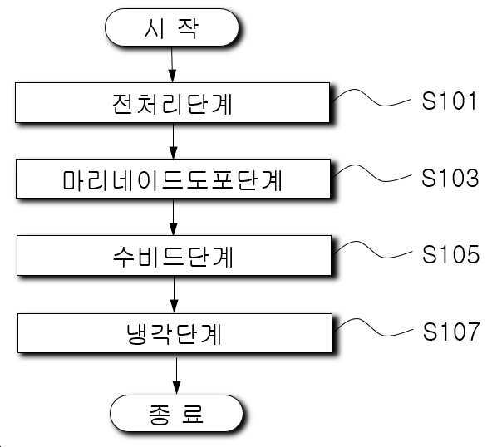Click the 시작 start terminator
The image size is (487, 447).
coord(172,27)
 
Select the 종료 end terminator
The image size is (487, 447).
coord(176,414)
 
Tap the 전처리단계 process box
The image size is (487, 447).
coord(172,102)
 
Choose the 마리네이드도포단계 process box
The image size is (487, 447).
coord(173,179)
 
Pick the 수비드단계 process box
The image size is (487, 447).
coord(174,255)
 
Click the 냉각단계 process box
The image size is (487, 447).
coord(175,333)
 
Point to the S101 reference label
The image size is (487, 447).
coord(449,101)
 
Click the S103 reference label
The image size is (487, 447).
coord(450,178)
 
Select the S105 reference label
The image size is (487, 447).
coord(450,254)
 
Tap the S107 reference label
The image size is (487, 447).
coord(451,332)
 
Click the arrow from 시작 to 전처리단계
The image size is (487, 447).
coord(172,65)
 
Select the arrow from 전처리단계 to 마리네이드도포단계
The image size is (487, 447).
coord(174,141)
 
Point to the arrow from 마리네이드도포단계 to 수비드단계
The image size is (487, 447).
coord(174,217)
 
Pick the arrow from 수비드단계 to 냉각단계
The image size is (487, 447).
coord(175,294)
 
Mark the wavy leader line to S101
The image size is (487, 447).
coord(371,99)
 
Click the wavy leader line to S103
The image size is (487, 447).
coord(372,174)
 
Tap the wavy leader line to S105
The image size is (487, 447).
coord(373,251)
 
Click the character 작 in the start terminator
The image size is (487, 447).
coord(188,28)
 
